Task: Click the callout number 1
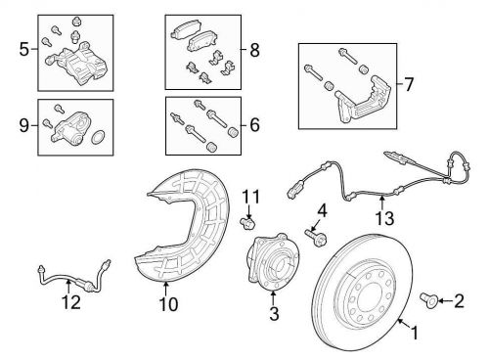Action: (414, 334)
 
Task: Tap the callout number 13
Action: (384, 218)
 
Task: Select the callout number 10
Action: (168, 304)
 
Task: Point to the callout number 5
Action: (24, 50)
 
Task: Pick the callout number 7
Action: (408, 84)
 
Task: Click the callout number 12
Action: (71, 302)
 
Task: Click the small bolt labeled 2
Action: (427, 299)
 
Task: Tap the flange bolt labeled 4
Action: (317, 238)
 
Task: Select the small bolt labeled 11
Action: (247, 223)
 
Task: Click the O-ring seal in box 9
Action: (98, 137)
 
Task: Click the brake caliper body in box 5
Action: (77, 66)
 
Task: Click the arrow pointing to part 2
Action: (444, 300)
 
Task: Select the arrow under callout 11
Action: (248, 212)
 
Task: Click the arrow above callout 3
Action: (273, 298)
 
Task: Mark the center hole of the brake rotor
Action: (369, 298)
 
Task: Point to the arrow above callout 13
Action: (381, 202)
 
